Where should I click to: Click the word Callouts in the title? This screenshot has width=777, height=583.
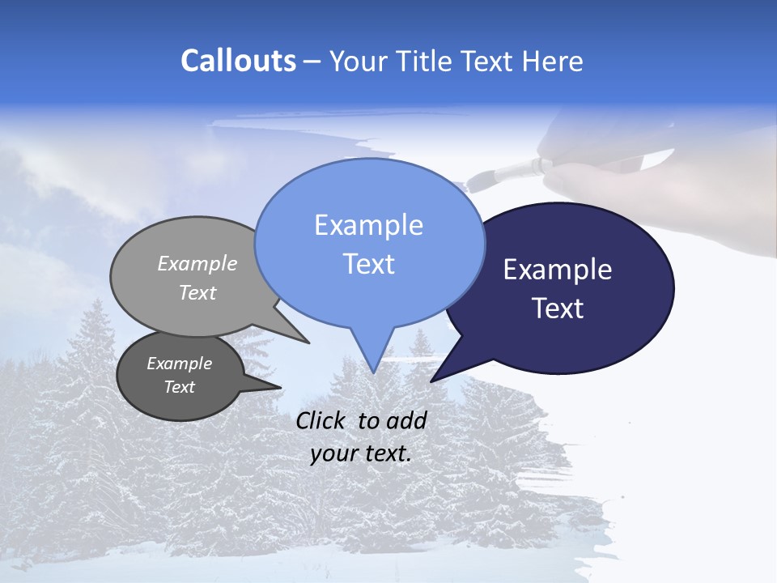pos(238,61)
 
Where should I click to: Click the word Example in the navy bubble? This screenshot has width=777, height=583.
pos(558,270)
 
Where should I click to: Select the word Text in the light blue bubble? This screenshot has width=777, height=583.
pos(369,264)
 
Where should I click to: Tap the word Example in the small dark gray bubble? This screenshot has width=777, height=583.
pos(179,364)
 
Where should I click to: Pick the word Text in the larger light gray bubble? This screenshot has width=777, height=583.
pos(197,293)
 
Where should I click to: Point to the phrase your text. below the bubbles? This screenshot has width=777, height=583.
pos(361,453)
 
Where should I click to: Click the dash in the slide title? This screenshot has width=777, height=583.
pos(313,62)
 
